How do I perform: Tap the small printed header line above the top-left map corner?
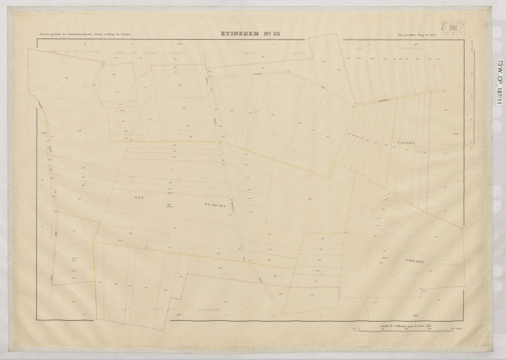coord(90,34)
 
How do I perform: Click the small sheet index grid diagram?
coord(452,28)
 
